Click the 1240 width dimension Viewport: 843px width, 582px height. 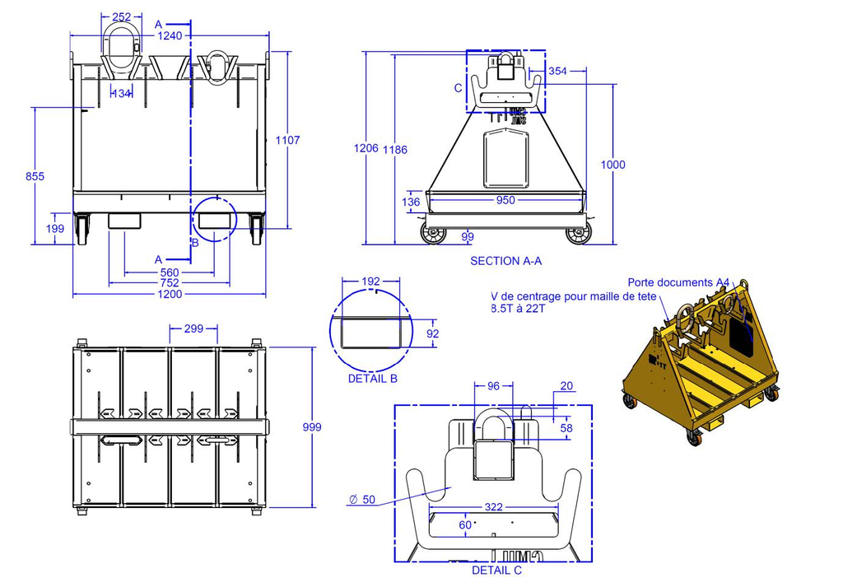pyautogui.click(x=170, y=35)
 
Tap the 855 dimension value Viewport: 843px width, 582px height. pyautogui.click(x=35, y=176)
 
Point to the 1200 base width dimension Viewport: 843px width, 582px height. pyautogui.click(x=170, y=294)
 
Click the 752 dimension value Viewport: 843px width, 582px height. pyautogui.click(x=170, y=283)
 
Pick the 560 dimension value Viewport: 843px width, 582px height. pyautogui.click(x=170, y=272)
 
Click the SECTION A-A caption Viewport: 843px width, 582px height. pyautogui.click(x=505, y=261)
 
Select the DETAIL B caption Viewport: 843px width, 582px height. pyautogui.click(x=373, y=379)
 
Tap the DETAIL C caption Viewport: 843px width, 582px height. pyautogui.click(x=496, y=570)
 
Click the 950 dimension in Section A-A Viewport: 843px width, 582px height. pyautogui.click(x=505, y=200)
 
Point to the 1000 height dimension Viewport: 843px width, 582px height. pyautogui.click(x=612, y=165)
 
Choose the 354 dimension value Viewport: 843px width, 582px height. pyautogui.click(x=557, y=72)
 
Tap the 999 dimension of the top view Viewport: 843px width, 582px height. pyautogui.click(x=311, y=427)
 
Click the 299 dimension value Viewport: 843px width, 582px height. pyautogui.click(x=193, y=328)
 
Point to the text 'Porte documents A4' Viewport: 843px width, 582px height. pyautogui.click(x=678, y=282)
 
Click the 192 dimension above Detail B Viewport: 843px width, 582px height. pyautogui.click(x=371, y=281)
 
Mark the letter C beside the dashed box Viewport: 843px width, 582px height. pyautogui.click(x=459, y=88)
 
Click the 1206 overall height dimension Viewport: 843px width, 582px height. pyautogui.click(x=366, y=149)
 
